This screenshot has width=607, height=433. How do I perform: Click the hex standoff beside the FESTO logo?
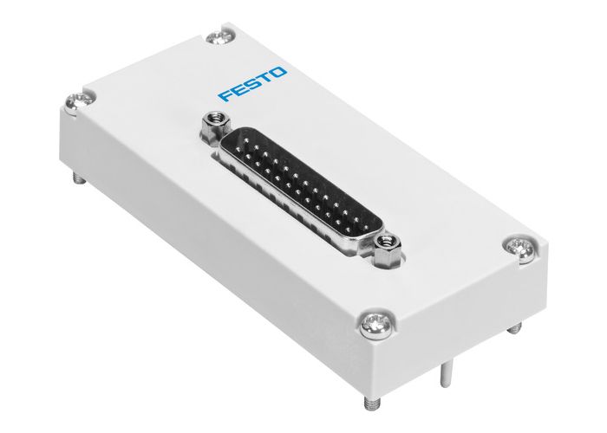click(x=210, y=127)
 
